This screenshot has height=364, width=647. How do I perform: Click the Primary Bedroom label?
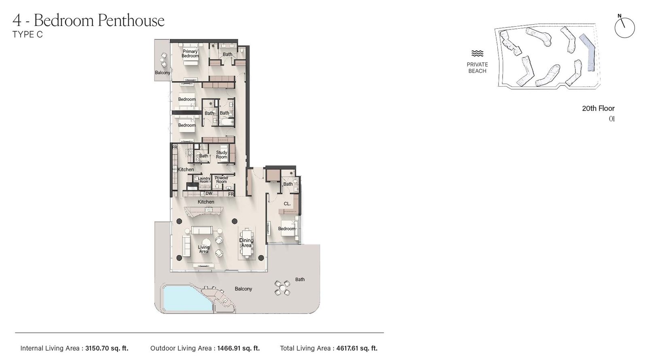click(x=190, y=53)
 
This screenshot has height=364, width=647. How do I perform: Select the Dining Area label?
click(x=246, y=243)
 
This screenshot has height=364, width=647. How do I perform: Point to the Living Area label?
click(x=204, y=249)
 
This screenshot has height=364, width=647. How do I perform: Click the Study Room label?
click(x=221, y=154)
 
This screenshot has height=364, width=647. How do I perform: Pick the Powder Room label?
click(x=221, y=180)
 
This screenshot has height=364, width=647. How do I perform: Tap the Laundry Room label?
click(x=204, y=180)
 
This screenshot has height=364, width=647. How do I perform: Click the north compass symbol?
click(x=624, y=28)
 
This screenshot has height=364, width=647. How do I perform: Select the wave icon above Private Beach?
click(x=477, y=53)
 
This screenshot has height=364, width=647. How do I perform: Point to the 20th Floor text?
click(x=598, y=108)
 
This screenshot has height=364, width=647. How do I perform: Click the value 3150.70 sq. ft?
click(x=107, y=348)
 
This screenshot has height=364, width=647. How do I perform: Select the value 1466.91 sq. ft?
click(x=238, y=348)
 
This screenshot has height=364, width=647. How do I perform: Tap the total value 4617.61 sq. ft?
click(x=357, y=348)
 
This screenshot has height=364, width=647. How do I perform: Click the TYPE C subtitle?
click(x=27, y=35)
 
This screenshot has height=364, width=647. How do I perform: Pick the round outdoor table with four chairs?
click(x=282, y=288)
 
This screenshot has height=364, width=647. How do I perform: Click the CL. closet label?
click(x=287, y=204)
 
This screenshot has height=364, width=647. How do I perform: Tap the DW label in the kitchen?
click(x=209, y=194)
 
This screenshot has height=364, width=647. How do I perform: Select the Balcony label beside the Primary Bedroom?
click(x=163, y=73)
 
